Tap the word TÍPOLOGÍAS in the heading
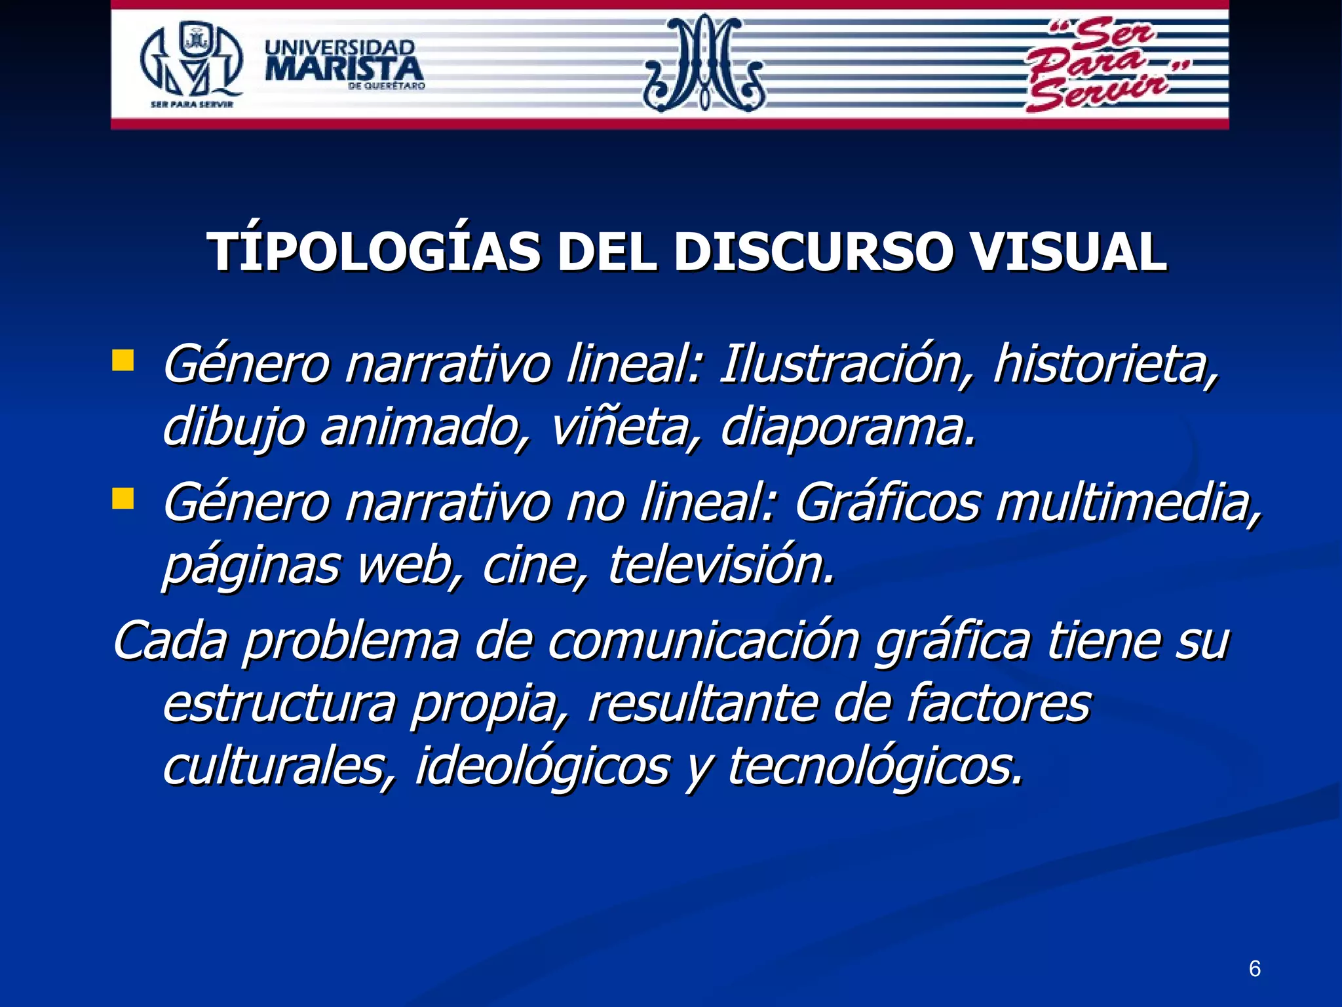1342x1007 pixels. (x=374, y=252)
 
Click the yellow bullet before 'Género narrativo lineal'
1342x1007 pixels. (x=123, y=361)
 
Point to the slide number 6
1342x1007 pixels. (x=1254, y=968)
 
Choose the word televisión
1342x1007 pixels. (x=721, y=565)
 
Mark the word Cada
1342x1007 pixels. (x=170, y=641)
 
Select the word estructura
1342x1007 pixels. (x=278, y=703)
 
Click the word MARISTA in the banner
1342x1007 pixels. (x=344, y=69)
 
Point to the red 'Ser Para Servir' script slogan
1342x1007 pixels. (x=1101, y=66)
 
